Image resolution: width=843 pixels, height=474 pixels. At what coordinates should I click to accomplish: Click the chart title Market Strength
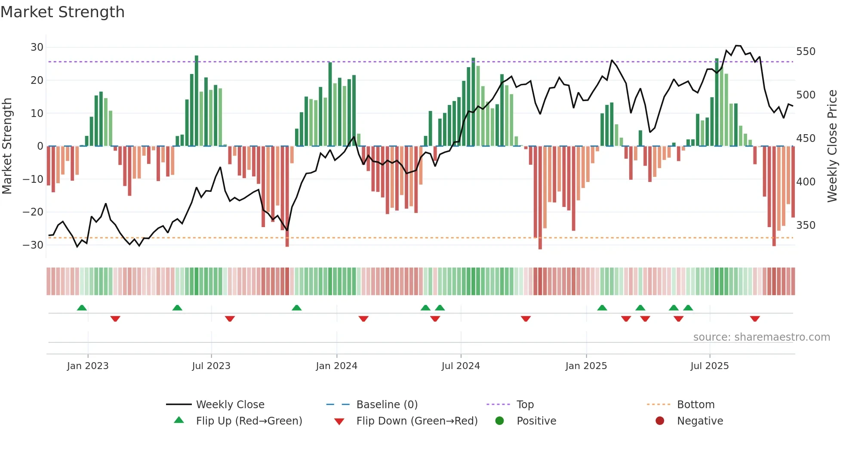[x=62, y=12]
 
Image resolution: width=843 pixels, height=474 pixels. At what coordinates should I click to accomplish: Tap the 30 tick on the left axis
[x=37, y=47]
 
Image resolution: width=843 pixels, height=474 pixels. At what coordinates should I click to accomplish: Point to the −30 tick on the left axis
[x=34, y=245]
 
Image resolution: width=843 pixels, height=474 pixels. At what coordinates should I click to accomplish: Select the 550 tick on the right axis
[x=806, y=52]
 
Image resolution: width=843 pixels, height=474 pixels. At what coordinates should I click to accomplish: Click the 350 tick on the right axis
[x=806, y=225]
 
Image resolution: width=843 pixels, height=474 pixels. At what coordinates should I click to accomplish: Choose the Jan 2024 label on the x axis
[x=336, y=366]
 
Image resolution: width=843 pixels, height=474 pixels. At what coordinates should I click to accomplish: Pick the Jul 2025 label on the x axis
[x=709, y=366]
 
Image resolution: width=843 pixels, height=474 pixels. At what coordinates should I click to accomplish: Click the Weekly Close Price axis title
[x=832, y=146]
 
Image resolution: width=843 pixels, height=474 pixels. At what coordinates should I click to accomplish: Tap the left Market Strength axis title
[x=7, y=146]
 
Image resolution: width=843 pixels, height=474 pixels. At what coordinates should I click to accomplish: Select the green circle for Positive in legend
[x=499, y=421]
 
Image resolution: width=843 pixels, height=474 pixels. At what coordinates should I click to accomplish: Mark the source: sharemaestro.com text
[x=761, y=337]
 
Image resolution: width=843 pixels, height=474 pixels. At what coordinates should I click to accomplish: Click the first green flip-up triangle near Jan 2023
[x=82, y=308]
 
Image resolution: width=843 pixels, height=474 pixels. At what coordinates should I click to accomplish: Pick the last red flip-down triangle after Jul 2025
[x=755, y=319]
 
